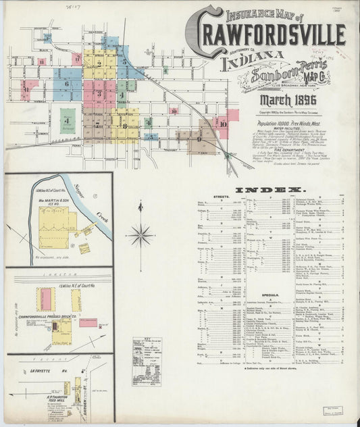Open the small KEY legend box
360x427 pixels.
click(146, 361)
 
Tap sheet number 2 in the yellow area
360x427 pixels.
click(99, 64)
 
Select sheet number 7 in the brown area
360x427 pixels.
click(98, 125)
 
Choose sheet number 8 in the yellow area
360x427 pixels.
click(124, 126)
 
